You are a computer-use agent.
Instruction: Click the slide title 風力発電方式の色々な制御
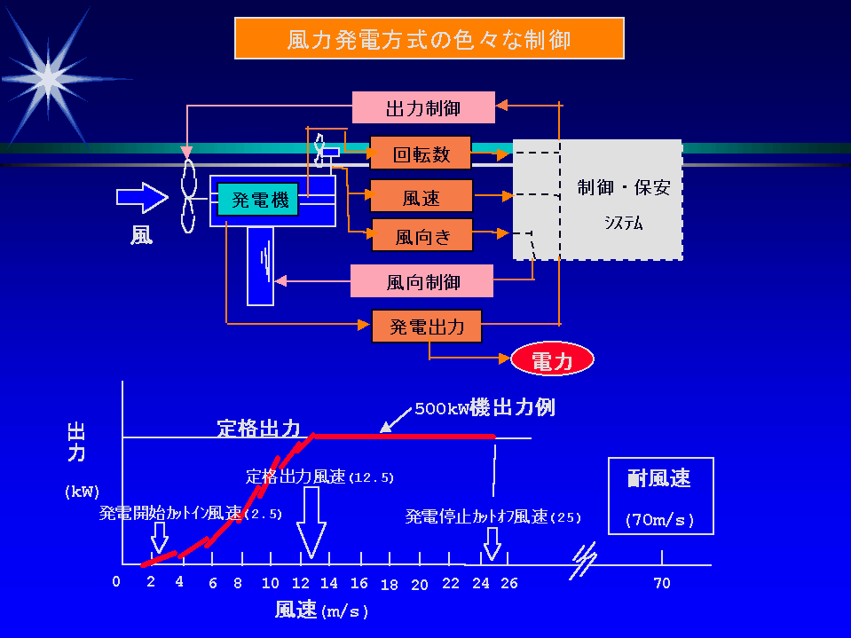429,39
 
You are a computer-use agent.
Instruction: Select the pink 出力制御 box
423,107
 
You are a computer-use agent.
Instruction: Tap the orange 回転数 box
422,154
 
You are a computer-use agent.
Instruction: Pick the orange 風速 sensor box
422,196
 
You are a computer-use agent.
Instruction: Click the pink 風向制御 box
422,281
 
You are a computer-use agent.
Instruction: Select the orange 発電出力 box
427,327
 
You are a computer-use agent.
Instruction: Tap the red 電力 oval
552,360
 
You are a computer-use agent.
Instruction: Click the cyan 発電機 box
260,201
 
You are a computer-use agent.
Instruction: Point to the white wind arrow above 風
141,197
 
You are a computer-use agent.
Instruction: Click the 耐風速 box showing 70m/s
660,495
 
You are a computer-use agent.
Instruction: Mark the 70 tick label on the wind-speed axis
662,584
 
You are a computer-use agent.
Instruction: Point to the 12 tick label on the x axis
300,584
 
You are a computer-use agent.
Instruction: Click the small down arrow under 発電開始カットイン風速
160,536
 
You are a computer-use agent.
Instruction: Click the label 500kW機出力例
485,409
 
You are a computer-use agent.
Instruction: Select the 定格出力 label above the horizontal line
260,428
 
